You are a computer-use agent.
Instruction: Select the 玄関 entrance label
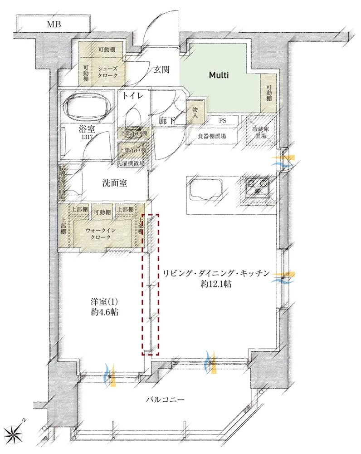[x=161, y=70]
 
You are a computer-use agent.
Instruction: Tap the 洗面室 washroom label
[x=114, y=183]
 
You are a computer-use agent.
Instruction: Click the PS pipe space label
[x=223, y=121]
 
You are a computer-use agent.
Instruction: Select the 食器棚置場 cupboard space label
[x=212, y=135]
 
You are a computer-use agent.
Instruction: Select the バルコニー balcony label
[x=165, y=400]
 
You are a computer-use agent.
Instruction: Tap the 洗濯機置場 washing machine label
[x=132, y=163]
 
